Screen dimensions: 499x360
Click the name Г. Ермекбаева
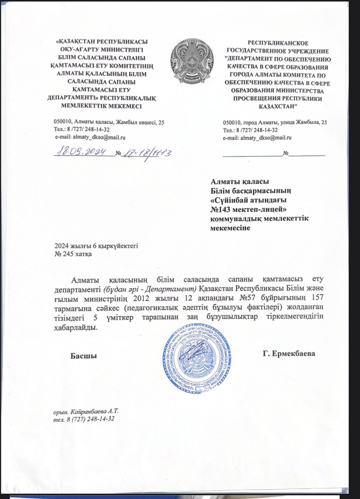[x=289, y=354]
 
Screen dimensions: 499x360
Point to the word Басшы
[x=83, y=356]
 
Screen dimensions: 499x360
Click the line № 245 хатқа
[x=73, y=254]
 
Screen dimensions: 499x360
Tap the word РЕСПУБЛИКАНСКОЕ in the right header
[x=278, y=43]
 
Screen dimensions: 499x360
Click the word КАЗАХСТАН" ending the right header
[x=278, y=106]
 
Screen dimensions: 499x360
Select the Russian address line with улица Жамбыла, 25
[x=275, y=122]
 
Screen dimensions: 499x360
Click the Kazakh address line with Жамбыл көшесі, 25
[x=109, y=122]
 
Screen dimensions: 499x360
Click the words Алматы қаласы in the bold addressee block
[x=240, y=182]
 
